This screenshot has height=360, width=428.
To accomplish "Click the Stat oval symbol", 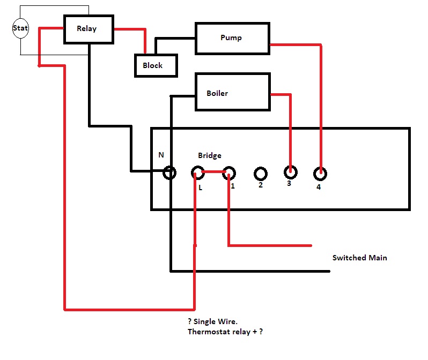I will (20, 28).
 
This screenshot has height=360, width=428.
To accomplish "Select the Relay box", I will (88, 28).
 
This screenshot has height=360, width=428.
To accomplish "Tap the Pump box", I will (232, 38).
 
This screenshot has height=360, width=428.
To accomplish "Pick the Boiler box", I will (232, 93).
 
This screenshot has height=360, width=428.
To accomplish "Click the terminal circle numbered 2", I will (261, 174).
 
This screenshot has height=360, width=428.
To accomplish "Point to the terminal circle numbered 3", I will (290, 172).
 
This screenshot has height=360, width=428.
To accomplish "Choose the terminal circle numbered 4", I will (321, 173).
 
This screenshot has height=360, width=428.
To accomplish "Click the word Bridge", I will (209, 155).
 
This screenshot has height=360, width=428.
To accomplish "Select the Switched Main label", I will (359, 258).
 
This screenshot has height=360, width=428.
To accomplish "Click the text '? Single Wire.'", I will (212, 321).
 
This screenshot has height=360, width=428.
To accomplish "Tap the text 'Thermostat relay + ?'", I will (225, 332).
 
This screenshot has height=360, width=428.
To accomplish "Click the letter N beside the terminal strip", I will (161, 155).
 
